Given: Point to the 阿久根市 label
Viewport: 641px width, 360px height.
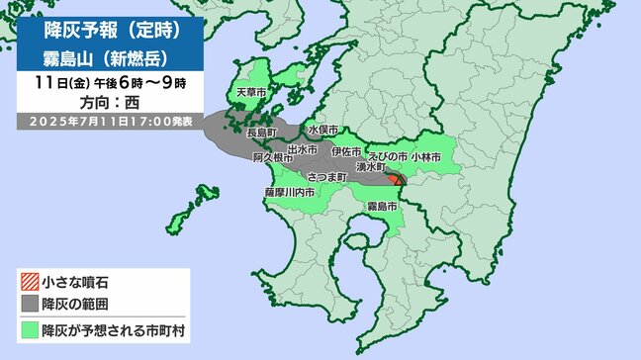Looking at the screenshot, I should click(272, 157).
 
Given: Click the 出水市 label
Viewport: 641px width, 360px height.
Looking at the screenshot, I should click(302, 149).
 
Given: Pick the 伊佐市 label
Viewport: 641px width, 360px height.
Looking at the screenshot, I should click(347, 150).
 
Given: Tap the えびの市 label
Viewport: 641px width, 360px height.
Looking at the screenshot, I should click(388, 156).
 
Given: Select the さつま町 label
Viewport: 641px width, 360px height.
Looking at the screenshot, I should click(326, 175).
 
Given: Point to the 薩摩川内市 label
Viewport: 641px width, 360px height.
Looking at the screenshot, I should click(289, 194).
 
